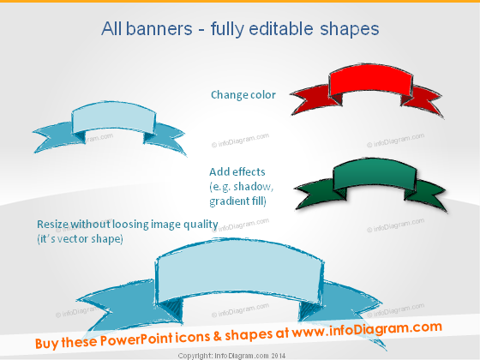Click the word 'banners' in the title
pyautogui.click(x=159, y=29)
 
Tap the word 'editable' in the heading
pyautogui.click(x=281, y=29)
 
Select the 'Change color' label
pyautogui.click(x=243, y=95)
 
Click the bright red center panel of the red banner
pyautogui.click(x=370, y=81)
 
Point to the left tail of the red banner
pyautogui.click(x=312, y=99)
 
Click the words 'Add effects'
pyautogui.click(x=237, y=171)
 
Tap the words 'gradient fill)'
pyautogui.click(x=238, y=201)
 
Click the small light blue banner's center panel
pyautogui.click(x=113, y=118)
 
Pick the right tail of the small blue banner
pyautogui.click(x=165, y=137)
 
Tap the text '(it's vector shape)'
pyautogui.click(x=81, y=239)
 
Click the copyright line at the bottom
pyautogui.click(x=231, y=356)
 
